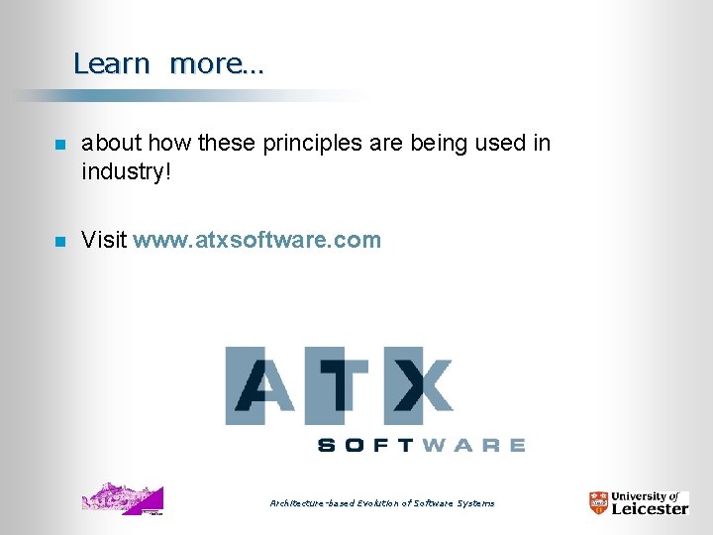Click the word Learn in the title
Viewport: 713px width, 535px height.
pyautogui.click(x=111, y=64)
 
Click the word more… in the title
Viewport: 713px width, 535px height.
pyautogui.click(x=217, y=64)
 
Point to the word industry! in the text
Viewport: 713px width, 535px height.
pyautogui.click(x=127, y=171)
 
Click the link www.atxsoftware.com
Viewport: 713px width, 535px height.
pyautogui.click(x=256, y=240)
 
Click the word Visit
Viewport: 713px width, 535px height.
pyautogui.click(x=104, y=240)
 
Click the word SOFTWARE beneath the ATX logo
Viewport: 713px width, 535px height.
pyautogui.click(x=421, y=446)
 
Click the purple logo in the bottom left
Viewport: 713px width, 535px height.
pyautogui.click(x=123, y=498)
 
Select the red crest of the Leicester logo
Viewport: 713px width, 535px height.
pyautogui.click(x=598, y=503)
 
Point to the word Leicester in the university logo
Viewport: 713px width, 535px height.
pyautogui.click(x=650, y=509)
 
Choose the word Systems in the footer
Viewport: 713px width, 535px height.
pyautogui.click(x=476, y=503)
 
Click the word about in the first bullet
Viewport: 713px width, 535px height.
pyautogui.click(x=111, y=144)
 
